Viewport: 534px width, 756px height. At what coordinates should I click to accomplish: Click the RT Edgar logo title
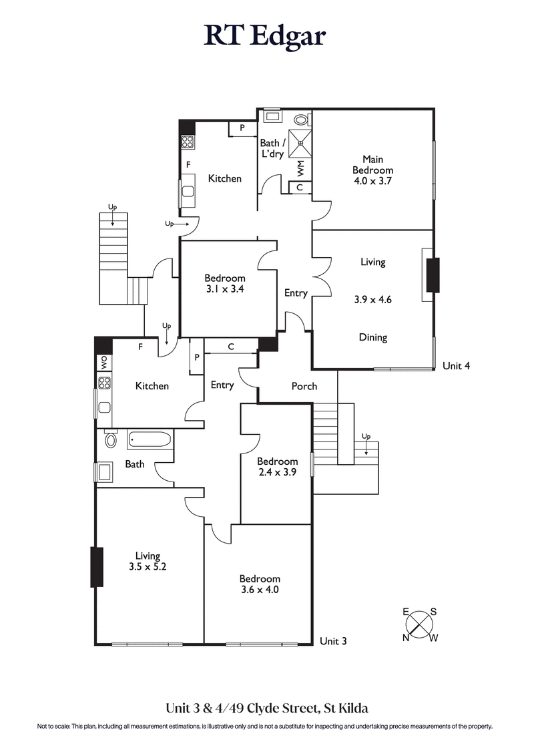pyautogui.click(x=265, y=37)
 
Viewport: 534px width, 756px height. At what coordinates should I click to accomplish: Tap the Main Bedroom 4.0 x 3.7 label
pyautogui.click(x=372, y=165)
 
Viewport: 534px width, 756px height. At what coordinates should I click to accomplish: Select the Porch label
pyautogui.click(x=304, y=386)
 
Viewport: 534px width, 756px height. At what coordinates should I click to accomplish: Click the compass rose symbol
pyautogui.click(x=419, y=624)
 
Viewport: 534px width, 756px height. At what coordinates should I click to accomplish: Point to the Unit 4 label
pyautogui.click(x=457, y=366)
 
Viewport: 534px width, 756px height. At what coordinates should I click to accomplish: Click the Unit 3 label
pyautogui.click(x=333, y=641)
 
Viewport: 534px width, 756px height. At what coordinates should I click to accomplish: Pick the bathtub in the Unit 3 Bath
pyautogui.click(x=149, y=440)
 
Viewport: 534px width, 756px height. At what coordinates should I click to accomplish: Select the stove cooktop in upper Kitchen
pyautogui.click(x=188, y=142)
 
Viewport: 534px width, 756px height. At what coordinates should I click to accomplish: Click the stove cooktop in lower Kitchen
pyautogui.click(x=104, y=383)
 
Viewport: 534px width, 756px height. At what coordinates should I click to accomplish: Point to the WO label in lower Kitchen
pyautogui.click(x=104, y=363)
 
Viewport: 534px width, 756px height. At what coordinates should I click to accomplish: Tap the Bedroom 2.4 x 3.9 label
pyautogui.click(x=277, y=466)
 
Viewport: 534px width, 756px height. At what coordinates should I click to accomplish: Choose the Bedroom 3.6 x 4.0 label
pyautogui.click(x=260, y=584)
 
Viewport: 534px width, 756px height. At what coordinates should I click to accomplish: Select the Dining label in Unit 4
pyautogui.click(x=372, y=337)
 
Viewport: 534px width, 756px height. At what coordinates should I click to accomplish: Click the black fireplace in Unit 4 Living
pyautogui.click(x=433, y=274)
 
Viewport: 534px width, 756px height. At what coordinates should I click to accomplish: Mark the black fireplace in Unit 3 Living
pyautogui.click(x=97, y=566)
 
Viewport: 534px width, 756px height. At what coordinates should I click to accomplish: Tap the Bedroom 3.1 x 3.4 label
pyautogui.click(x=225, y=283)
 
